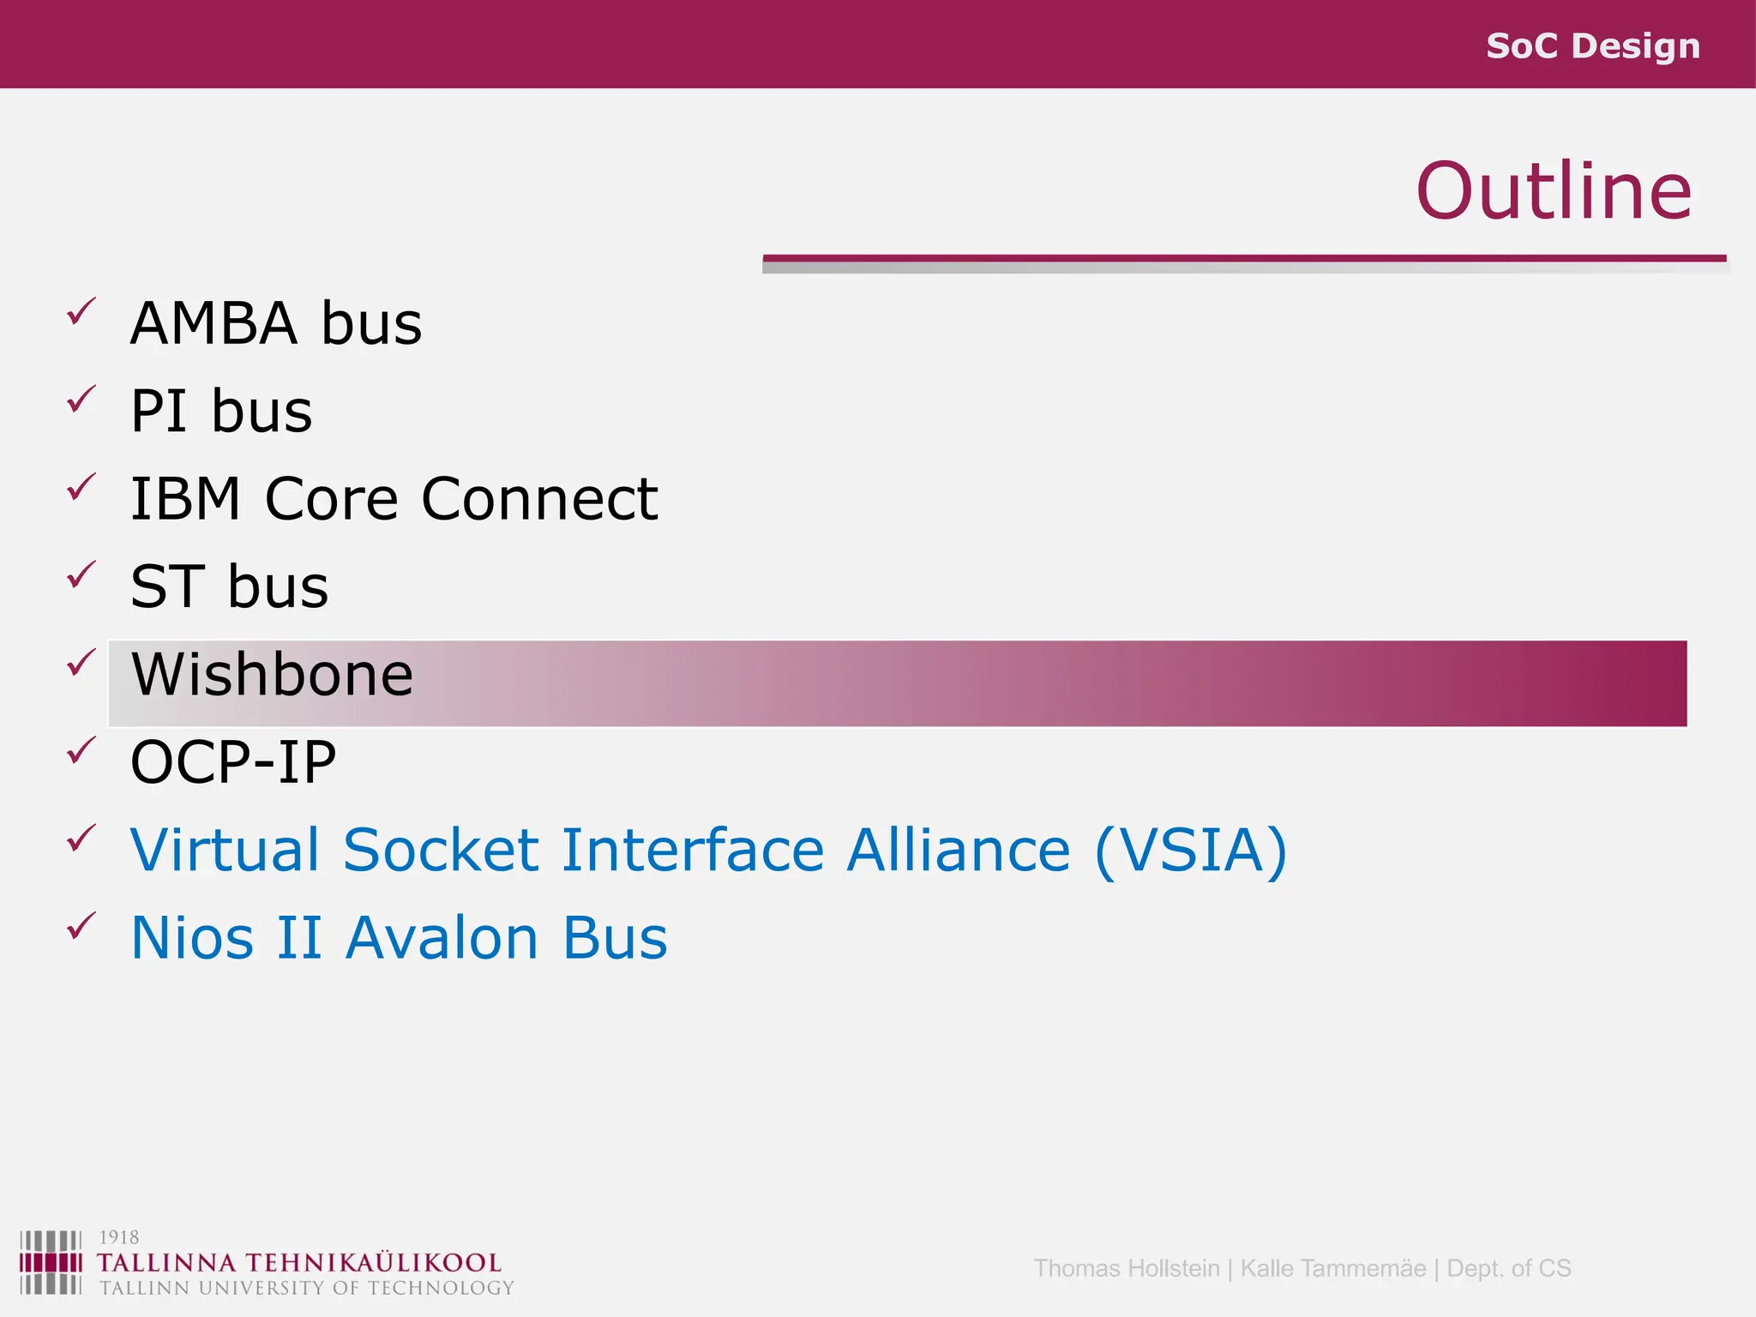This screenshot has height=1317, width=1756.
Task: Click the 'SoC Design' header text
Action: (x=1592, y=46)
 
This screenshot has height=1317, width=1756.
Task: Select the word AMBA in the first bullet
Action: (x=213, y=324)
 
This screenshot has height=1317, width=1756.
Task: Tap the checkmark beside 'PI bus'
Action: (x=81, y=400)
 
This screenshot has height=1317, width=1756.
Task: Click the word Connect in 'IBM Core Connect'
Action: (x=539, y=499)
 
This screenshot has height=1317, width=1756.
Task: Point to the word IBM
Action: (x=185, y=499)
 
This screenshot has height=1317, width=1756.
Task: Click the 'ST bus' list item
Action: (x=229, y=587)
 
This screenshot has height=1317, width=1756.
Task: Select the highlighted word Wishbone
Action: (x=272, y=675)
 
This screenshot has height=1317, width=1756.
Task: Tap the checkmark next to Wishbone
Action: (x=81, y=662)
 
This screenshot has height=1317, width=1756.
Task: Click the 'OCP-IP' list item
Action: (x=233, y=762)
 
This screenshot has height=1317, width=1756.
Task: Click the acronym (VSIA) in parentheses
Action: (x=1191, y=851)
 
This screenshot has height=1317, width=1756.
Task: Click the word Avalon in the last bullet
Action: (x=442, y=938)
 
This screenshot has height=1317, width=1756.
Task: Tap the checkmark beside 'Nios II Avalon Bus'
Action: (x=81, y=926)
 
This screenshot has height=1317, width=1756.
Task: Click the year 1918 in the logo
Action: (x=118, y=1237)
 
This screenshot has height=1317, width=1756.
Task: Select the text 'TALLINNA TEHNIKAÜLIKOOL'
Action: (x=298, y=1263)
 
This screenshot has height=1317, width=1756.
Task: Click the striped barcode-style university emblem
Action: (x=51, y=1262)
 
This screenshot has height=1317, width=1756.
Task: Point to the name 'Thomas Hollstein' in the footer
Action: (x=1126, y=1268)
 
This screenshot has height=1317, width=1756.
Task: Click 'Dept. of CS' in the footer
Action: (x=1508, y=1268)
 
